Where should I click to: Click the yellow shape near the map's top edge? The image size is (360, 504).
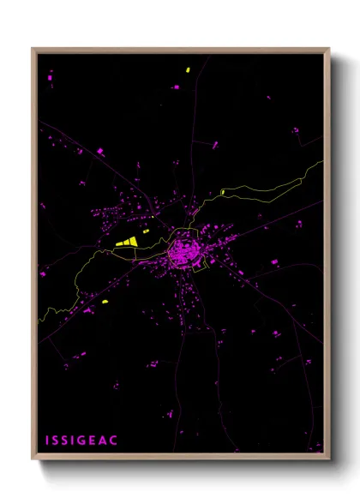187,69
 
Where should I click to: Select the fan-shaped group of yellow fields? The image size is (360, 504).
127,243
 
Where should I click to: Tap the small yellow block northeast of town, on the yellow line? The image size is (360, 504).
223,191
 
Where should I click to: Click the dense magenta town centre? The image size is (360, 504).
183,253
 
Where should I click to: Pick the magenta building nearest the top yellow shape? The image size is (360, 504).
176,87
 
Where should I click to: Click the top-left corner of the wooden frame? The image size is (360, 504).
33,49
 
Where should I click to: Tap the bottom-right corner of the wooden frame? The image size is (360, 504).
329,460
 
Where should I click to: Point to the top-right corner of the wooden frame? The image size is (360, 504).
329,49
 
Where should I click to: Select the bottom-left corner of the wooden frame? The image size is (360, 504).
33,460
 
